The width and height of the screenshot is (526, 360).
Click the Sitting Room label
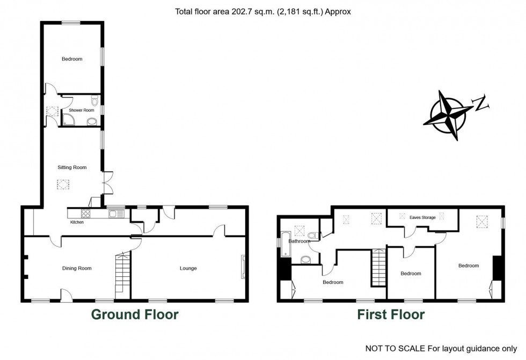72,167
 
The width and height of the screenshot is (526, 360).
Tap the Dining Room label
77,268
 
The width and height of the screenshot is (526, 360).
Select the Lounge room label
188,268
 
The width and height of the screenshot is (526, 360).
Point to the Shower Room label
82,110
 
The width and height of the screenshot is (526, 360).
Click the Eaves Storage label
423,217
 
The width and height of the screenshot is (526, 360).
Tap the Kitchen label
77,222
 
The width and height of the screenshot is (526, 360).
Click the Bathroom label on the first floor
299,241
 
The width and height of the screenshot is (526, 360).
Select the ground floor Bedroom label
72,59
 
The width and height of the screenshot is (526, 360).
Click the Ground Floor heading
135,314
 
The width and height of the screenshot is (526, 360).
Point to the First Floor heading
391,314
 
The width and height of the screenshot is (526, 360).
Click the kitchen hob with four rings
86,213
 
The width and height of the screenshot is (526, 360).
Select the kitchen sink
116,214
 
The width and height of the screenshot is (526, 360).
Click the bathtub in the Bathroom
286,244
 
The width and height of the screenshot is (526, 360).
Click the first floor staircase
379,267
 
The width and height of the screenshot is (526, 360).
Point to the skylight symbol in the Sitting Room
63,185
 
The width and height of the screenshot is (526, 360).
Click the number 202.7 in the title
241,12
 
